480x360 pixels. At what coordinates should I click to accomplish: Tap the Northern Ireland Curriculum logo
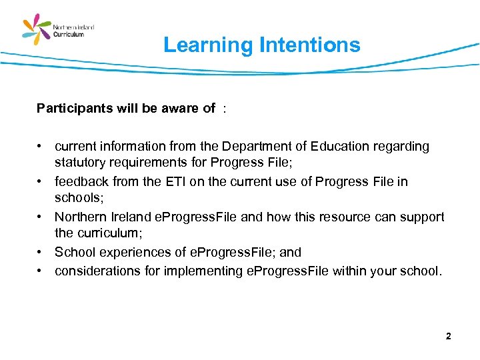(59, 29)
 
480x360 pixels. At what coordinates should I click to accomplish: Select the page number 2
(448, 337)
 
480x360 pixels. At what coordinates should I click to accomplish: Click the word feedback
(80, 181)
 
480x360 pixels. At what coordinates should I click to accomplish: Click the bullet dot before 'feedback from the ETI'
(41, 181)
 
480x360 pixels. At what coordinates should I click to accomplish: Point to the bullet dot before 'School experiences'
(41, 252)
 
